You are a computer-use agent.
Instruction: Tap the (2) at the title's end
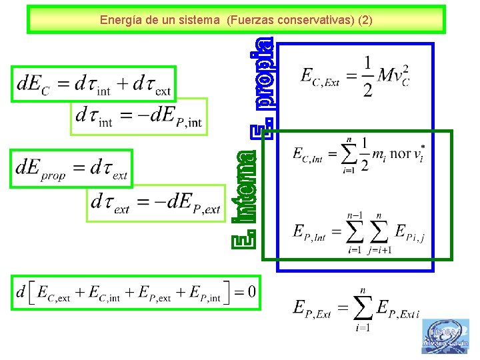pos(365,20)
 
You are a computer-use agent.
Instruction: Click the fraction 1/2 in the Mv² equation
pos(367,77)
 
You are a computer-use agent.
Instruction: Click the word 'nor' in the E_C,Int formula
pos(401,154)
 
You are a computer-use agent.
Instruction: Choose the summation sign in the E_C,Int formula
pos(347,153)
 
